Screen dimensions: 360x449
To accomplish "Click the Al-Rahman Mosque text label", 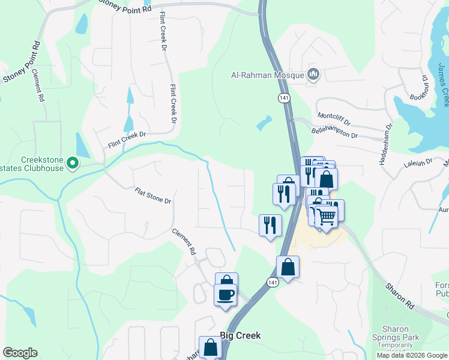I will point(268,76).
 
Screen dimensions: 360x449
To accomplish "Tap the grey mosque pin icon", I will point(313,75).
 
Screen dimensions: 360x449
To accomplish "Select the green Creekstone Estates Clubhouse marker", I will point(73,163).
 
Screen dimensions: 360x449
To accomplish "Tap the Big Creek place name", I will point(240,335).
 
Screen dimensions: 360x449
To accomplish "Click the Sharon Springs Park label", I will point(396,333).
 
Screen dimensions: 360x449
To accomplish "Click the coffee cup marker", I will point(226,295).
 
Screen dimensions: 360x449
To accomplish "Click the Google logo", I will point(20,353).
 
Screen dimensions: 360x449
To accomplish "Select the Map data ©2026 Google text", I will point(412,355).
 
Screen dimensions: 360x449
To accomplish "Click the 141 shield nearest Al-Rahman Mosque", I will point(283,97).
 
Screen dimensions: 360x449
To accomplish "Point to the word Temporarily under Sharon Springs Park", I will point(396,345).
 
